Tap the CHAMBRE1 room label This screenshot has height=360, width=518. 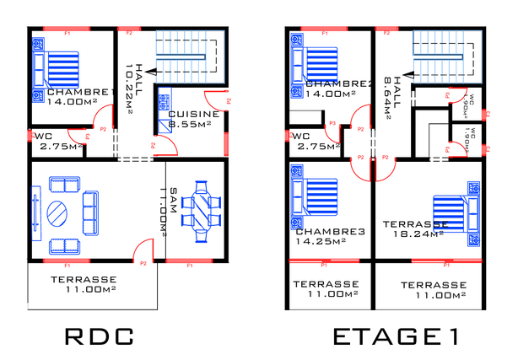click(81, 92)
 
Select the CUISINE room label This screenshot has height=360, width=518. click(194, 114)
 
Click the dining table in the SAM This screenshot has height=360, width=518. click(201, 208)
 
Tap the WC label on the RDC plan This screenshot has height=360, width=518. click(44, 135)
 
